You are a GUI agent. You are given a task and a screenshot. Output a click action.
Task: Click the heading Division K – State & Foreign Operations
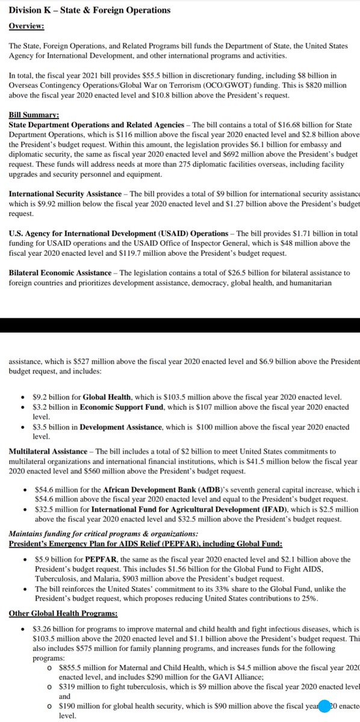point(86,10)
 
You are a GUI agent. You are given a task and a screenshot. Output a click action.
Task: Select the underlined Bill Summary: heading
point(33,114)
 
